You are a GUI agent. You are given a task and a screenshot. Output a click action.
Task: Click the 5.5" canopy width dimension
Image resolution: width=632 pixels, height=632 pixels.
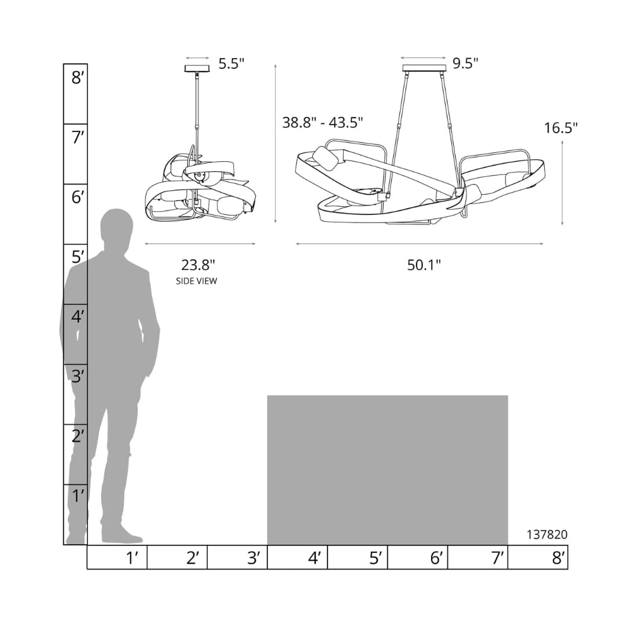click(x=231, y=64)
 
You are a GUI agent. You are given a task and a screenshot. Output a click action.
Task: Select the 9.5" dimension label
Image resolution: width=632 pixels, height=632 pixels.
click(x=465, y=63)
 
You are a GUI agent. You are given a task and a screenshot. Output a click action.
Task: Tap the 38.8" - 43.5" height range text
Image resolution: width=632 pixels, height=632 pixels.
click(x=322, y=122)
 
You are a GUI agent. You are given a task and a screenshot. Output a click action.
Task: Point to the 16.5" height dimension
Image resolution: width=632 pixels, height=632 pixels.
click(x=561, y=128)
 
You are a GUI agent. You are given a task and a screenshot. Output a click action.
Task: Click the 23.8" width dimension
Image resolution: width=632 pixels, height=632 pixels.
click(x=198, y=265)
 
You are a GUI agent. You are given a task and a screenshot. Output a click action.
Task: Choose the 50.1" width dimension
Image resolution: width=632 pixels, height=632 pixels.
click(x=424, y=265)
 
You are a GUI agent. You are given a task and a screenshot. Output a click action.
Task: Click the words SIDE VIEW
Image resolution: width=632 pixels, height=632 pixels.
click(x=197, y=281)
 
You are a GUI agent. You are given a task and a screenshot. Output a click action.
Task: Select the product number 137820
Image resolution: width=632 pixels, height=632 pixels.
click(x=547, y=535)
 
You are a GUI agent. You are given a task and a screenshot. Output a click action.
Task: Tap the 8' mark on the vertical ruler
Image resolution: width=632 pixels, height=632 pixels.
click(x=77, y=77)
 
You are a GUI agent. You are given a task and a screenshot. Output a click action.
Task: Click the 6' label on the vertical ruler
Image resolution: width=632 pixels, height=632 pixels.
click(x=77, y=197)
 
